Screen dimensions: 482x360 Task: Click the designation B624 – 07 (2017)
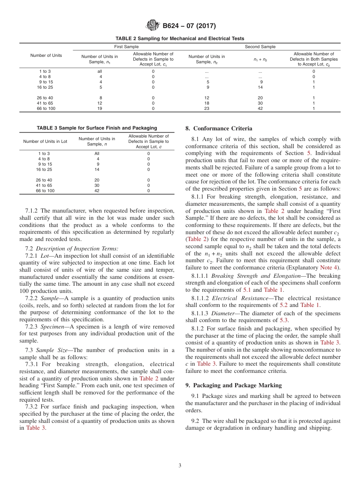(189, 26)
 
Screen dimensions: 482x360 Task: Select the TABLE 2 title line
(180, 39)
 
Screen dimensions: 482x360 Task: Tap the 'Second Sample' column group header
(260, 47)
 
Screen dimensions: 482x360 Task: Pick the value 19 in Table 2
(100, 108)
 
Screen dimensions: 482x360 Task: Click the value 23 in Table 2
(207, 108)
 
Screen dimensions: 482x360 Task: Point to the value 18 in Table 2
(207, 103)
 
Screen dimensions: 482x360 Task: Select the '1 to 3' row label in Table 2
(45, 71)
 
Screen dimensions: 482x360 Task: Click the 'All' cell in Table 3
(97, 154)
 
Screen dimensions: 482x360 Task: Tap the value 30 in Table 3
(97, 186)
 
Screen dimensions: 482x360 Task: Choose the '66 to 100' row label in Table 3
(45, 191)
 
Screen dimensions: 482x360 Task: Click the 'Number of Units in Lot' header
(45, 141)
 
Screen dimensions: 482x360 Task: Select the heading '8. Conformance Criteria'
(219, 128)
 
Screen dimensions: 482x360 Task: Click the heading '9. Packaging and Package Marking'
(233, 385)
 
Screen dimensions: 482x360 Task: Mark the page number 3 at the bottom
(180, 466)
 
